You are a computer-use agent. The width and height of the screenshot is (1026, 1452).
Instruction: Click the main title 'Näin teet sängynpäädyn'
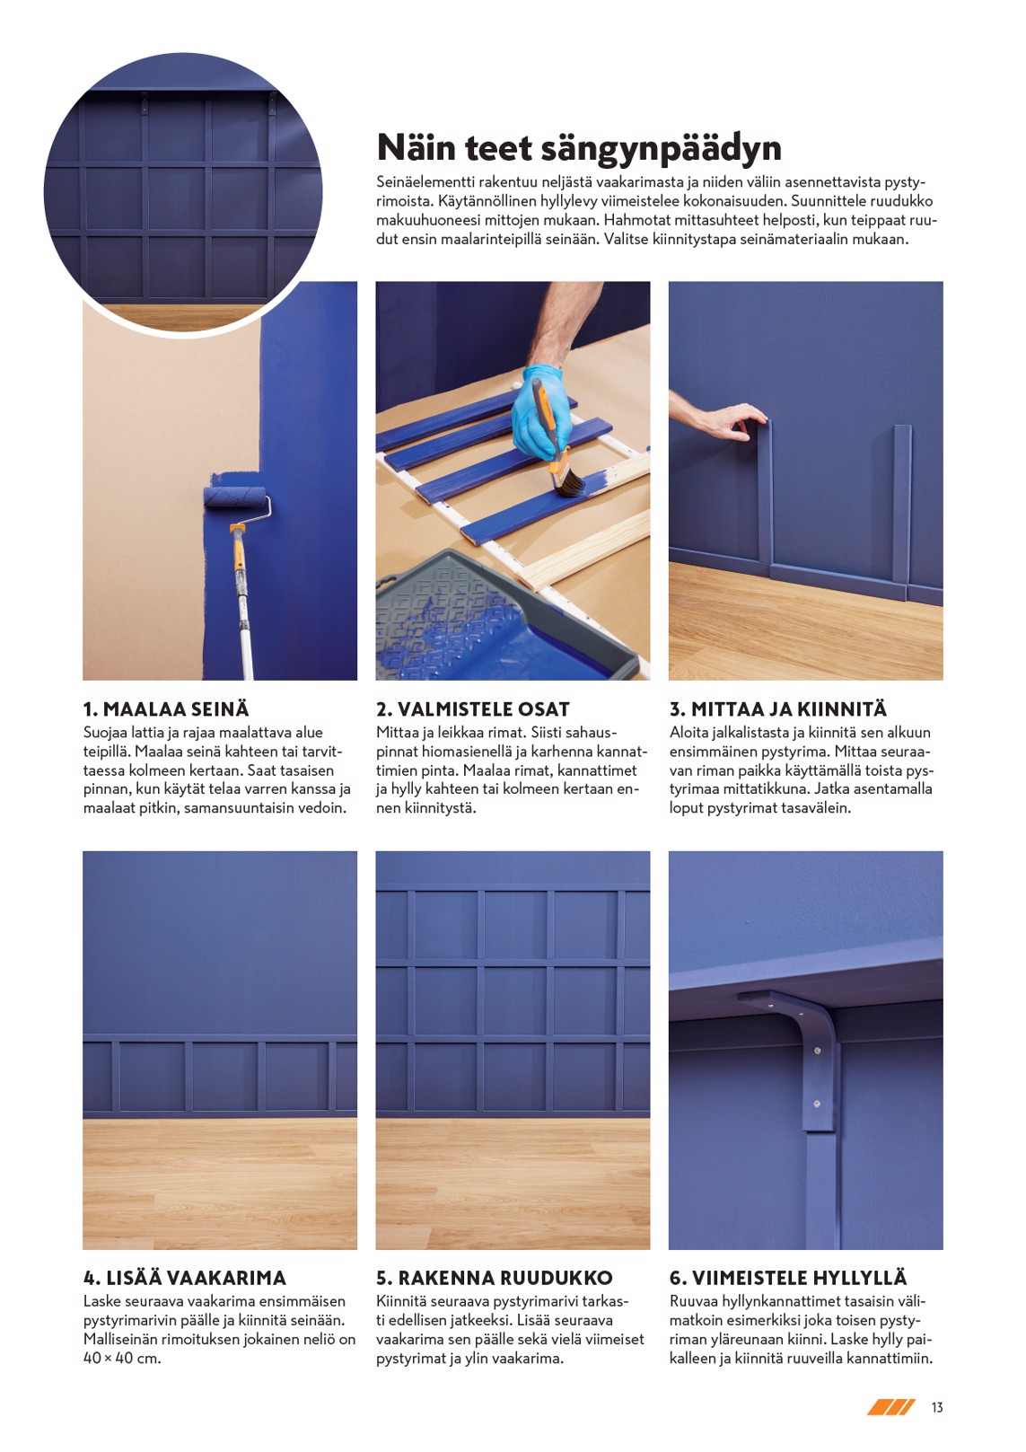(x=579, y=148)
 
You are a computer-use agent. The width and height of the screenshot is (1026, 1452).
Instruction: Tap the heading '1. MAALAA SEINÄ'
(x=166, y=709)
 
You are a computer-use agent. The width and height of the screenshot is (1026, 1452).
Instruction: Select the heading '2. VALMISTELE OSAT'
(x=473, y=709)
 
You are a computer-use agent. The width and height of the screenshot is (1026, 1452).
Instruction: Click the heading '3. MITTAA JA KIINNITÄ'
(x=777, y=709)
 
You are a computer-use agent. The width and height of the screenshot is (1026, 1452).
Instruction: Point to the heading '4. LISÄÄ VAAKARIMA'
(x=185, y=1278)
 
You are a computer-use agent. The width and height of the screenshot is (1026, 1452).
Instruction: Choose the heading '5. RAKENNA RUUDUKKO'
(x=495, y=1278)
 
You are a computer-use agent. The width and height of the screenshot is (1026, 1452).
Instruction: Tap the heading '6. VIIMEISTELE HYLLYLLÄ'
(x=788, y=1278)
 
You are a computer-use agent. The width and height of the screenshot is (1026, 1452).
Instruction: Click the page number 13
(x=937, y=1407)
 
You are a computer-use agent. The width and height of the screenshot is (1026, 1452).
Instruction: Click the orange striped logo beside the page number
(x=890, y=1407)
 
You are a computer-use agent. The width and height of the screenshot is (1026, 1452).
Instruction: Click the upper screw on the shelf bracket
(x=817, y=1051)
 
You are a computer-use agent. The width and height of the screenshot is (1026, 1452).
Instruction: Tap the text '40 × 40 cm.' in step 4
(x=122, y=1358)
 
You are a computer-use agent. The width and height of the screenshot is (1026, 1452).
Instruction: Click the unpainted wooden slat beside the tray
(x=588, y=553)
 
